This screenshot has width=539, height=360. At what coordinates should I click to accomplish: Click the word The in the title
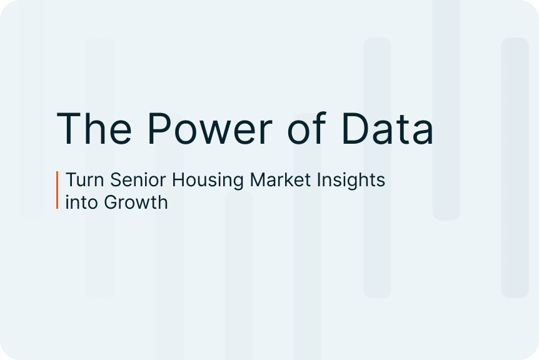pyautogui.click(x=94, y=128)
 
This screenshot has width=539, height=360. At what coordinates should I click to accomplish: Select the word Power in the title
pyautogui.click(x=210, y=128)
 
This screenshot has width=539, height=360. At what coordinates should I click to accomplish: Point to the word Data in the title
pyautogui.click(x=388, y=128)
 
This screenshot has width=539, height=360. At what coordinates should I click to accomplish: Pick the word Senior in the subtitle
pyautogui.click(x=138, y=179)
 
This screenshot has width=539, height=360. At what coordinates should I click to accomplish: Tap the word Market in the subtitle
pyautogui.click(x=280, y=179)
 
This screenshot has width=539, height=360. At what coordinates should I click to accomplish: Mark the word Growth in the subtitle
pyautogui.click(x=136, y=202)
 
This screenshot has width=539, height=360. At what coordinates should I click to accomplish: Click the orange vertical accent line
pyautogui.click(x=57, y=190)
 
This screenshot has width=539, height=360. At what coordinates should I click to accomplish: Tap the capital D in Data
pyautogui.click(x=356, y=128)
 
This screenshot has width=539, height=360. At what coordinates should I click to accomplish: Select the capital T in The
pyautogui.click(x=69, y=128)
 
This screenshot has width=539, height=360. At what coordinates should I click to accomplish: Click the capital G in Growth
pyautogui.click(x=111, y=202)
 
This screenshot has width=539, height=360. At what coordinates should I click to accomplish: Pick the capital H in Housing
pyautogui.click(x=178, y=179)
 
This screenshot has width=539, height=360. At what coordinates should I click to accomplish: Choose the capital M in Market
pyautogui.click(x=258, y=179)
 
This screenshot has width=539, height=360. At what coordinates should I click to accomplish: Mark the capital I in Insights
pyautogui.click(x=318, y=179)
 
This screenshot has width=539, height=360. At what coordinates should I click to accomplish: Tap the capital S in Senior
pyautogui.click(x=116, y=179)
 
